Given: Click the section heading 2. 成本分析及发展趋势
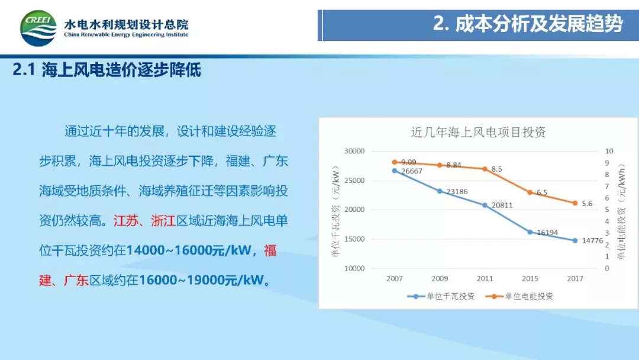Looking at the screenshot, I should [x=528, y=24].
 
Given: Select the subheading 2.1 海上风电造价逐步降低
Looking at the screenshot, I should [x=107, y=70].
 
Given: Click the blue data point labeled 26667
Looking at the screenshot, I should [x=395, y=171].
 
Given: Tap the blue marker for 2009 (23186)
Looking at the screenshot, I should [x=440, y=191].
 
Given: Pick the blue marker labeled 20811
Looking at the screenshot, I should [x=485, y=205].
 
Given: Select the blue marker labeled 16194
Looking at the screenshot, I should [x=530, y=232].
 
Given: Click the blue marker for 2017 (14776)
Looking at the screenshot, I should [x=575, y=240].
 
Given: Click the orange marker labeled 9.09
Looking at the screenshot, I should [x=395, y=162].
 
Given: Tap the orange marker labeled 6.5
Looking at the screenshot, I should [x=530, y=192].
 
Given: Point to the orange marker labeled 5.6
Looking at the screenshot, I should [x=575, y=203].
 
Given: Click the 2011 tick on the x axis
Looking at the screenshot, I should [x=485, y=278].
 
